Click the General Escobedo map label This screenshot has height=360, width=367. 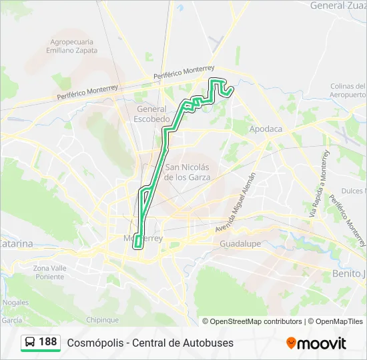[152, 113]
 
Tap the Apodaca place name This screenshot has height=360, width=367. [266, 129]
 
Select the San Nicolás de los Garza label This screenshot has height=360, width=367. [188, 172]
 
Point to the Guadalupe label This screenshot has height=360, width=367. [240, 244]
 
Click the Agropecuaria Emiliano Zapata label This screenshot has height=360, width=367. [73, 45]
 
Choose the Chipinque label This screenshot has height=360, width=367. [102, 320]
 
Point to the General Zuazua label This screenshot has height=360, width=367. [338, 5]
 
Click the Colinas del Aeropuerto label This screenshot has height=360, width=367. [348, 91]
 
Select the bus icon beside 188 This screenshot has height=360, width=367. [30, 343]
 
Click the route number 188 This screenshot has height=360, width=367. [48, 342]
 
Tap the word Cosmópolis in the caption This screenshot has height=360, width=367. [95, 343]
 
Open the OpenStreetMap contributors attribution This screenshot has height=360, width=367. [252, 321]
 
